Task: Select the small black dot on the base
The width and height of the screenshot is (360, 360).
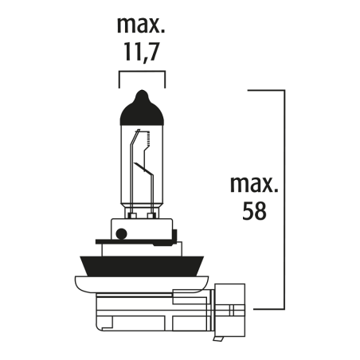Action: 121,233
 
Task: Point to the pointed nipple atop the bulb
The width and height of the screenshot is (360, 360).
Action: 141,93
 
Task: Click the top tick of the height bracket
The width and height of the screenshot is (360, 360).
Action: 267,89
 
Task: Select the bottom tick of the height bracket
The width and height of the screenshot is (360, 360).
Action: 267,308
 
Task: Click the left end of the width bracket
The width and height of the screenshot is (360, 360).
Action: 118,80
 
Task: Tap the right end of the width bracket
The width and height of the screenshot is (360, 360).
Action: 165,80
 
